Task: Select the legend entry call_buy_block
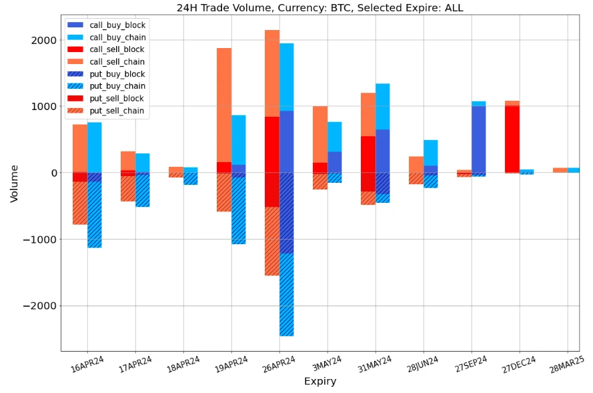pyautogui.click(x=117, y=25)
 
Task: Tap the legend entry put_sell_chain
pyautogui.click(x=117, y=111)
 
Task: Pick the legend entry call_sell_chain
pyautogui.click(x=117, y=61)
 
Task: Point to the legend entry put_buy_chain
pyautogui.click(x=117, y=86)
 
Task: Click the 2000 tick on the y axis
pyautogui.click(x=44, y=40)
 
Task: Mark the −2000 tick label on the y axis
pyautogui.click(x=41, y=306)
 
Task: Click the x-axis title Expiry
pyautogui.click(x=320, y=382)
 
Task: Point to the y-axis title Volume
pyautogui.click(x=14, y=183)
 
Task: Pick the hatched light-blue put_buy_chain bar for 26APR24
pyautogui.click(x=286, y=294)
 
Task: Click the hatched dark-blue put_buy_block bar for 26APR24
pyautogui.click(x=286, y=213)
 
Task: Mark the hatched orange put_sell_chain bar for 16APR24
pyautogui.click(x=80, y=203)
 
